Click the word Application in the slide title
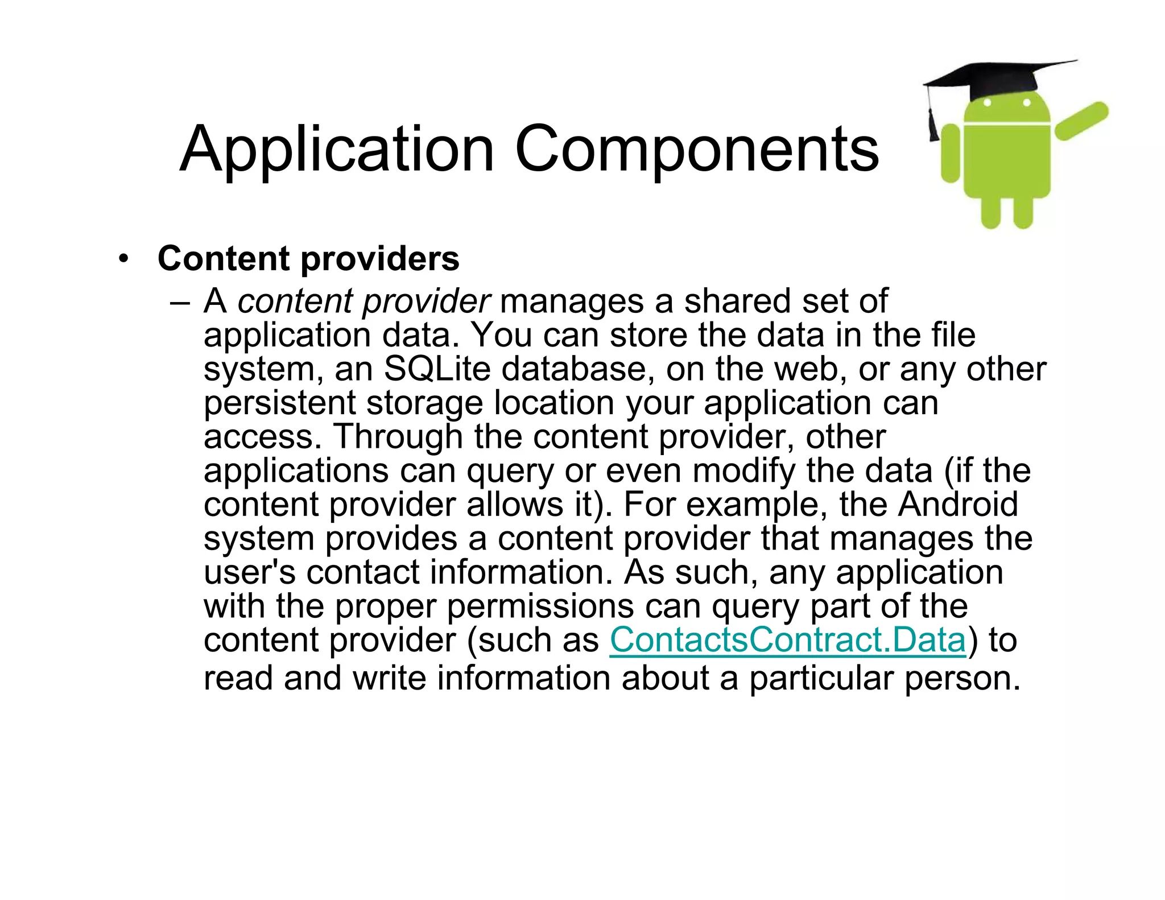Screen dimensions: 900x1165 pyautogui.click(x=336, y=149)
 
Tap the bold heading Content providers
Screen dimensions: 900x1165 pyautogui.click(x=308, y=259)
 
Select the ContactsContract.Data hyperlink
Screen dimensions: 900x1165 pyautogui.click(x=787, y=640)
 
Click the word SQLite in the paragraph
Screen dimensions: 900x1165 pyautogui.click(x=437, y=369)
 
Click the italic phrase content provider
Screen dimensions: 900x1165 pyautogui.click(x=363, y=301)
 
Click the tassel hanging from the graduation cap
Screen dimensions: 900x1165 pyautogui.click(x=933, y=122)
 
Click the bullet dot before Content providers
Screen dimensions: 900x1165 pyautogui.click(x=123, y=259)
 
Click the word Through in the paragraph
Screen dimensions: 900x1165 pyautogui.click(x=398, y=436)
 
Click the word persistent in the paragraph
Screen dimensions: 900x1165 pyautogui.click(x=279, y=403)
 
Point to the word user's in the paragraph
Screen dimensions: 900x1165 pyautogui.click(x=250, y=572)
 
